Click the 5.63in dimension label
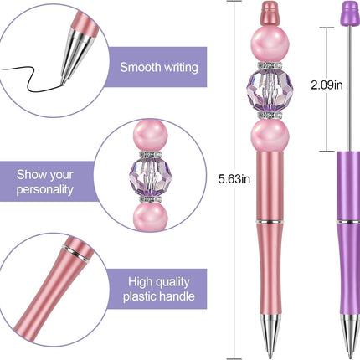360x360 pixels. (234, 179)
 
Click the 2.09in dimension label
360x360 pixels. (327, 85)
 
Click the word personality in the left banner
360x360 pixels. (45, 189)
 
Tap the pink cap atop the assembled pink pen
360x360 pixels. (270, 13)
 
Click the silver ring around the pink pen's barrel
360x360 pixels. (270, 222)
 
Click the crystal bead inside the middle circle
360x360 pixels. (150, 177)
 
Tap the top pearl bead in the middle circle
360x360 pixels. (150, 136)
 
